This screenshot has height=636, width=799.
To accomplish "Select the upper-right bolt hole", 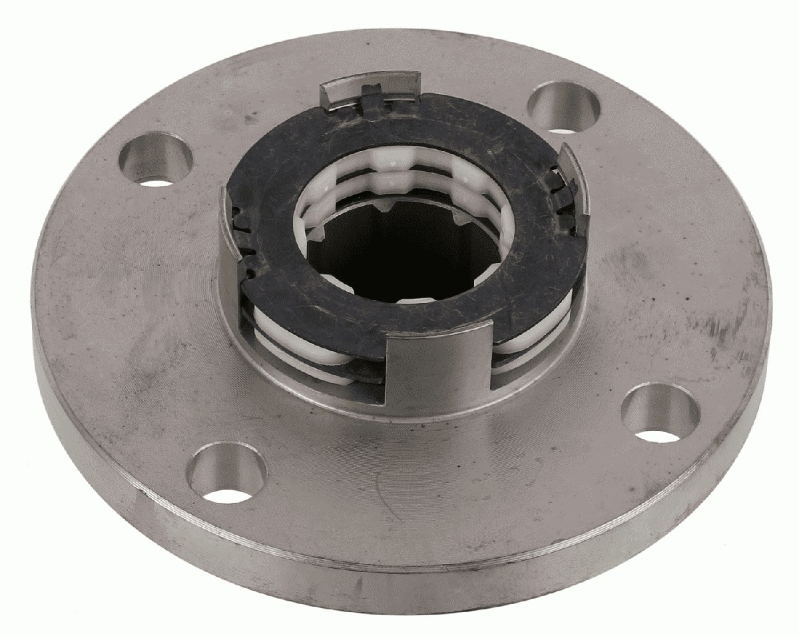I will pyautogui.click(x=564, y=107).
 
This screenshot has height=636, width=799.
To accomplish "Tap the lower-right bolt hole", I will pyautogui.click(x=661, y=414).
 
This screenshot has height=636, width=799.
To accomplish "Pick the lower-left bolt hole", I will pyautogui.click(x=226, y=474).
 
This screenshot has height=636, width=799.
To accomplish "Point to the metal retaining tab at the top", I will pyautogui.click(x=370, y=89).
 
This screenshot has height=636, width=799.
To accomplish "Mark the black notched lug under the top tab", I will pyautogui.click(x=376, y=103).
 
